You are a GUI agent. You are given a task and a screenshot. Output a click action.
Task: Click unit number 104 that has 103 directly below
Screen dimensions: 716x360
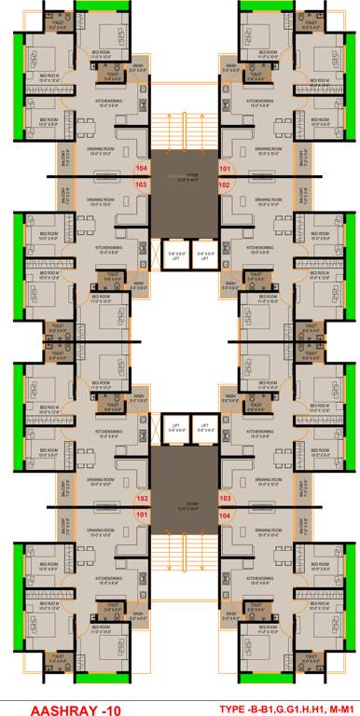142,169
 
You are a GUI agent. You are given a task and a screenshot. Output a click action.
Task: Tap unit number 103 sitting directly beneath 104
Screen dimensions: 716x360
142,185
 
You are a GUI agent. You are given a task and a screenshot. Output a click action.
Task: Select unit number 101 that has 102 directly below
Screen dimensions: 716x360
225,169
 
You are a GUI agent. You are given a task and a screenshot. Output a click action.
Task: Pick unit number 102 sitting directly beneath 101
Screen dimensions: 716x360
225,185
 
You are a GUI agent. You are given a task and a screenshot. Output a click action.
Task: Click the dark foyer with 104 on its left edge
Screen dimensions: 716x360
183,177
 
